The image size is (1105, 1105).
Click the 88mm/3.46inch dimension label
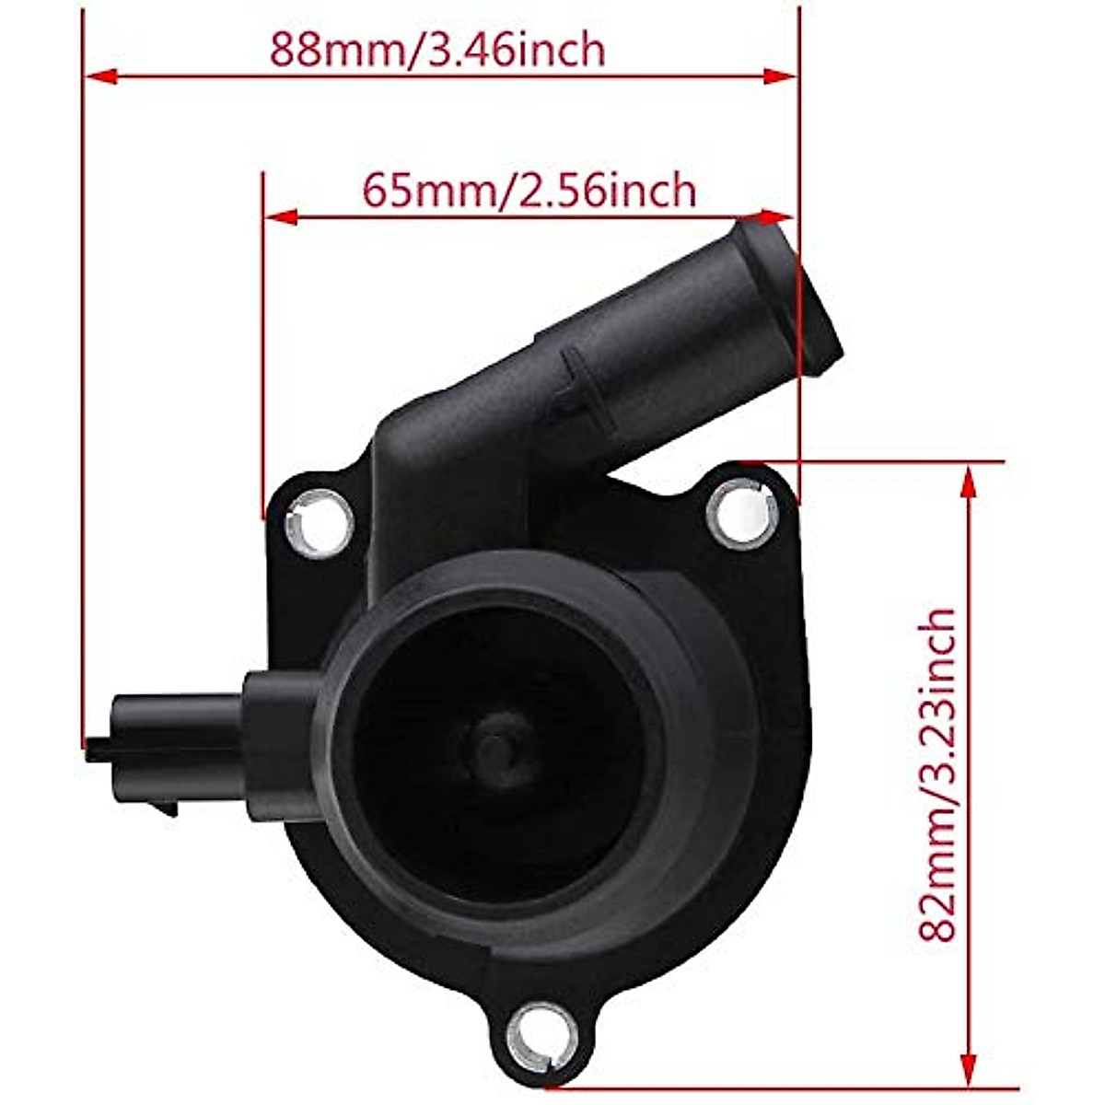click(x=437, y=49)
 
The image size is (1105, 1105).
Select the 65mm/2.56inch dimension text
click(x=529, y=191)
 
